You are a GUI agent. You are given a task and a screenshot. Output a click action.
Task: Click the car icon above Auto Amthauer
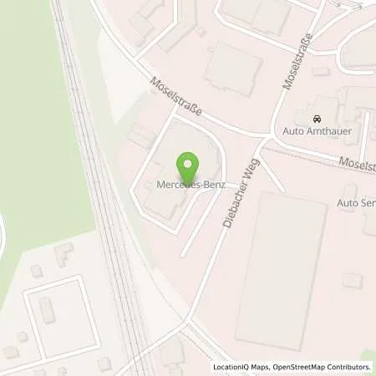click(x=316, y=119)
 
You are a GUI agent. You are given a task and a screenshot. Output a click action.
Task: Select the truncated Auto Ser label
click(x=356, y=202)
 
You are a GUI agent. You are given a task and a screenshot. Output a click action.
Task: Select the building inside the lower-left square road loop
click(x=48, y=310)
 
